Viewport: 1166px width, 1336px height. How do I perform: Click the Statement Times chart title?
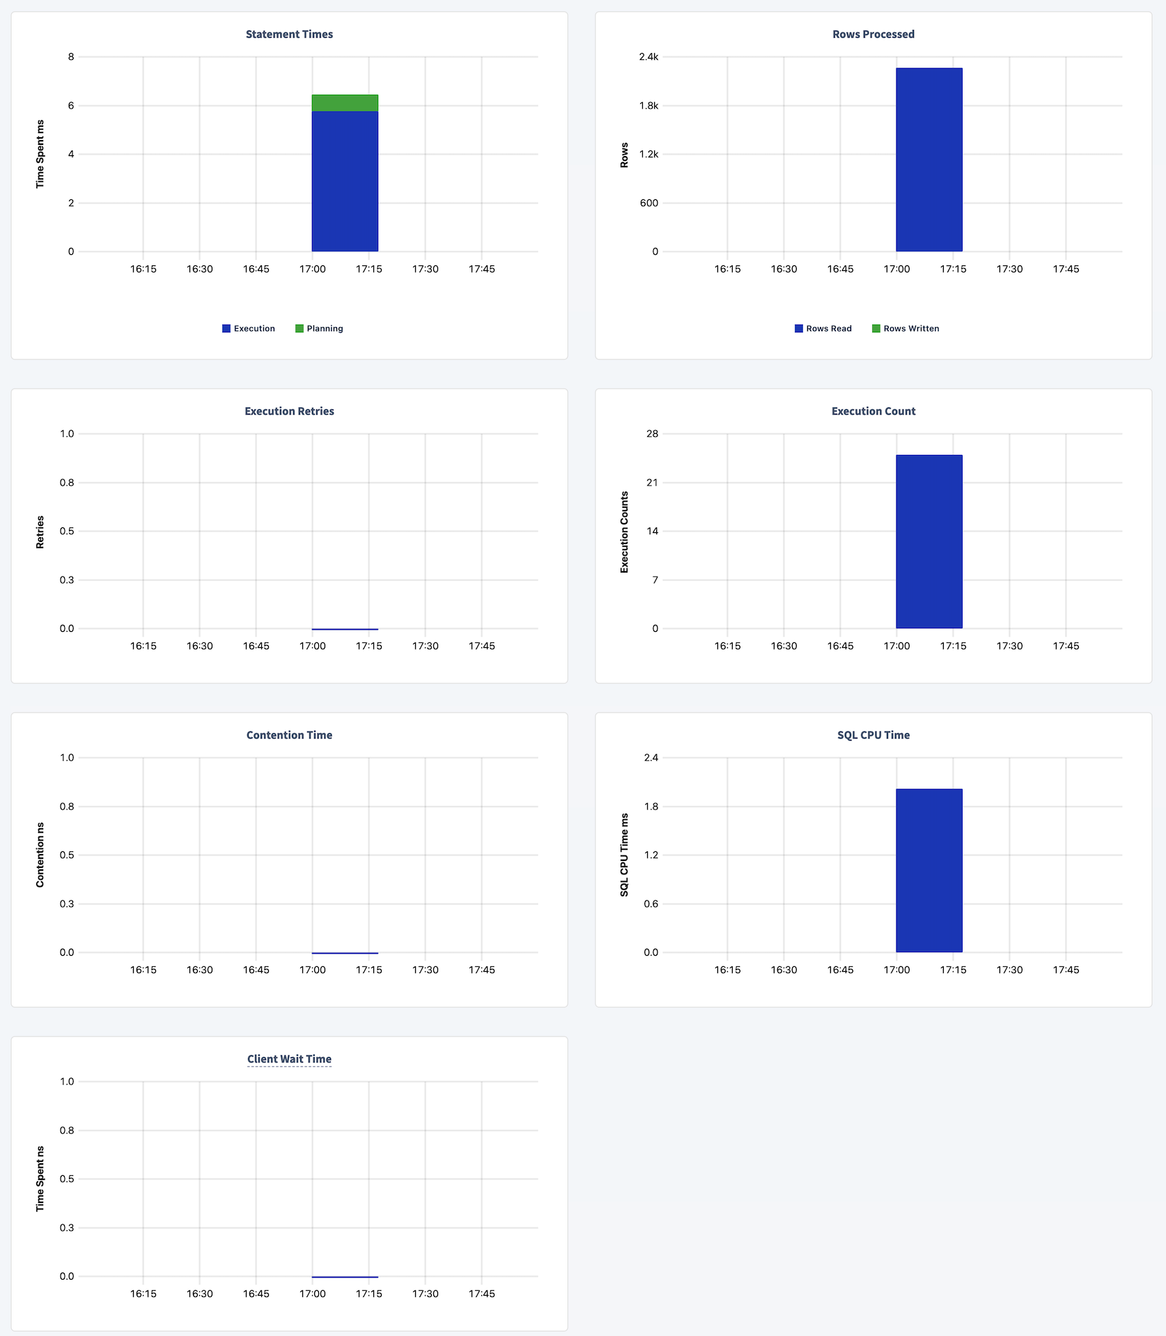(289, 34)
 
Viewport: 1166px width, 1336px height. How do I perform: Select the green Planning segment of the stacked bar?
(345, 103)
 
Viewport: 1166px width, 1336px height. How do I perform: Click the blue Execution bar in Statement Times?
(345, 181)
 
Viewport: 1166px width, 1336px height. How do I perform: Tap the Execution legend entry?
(249, 329)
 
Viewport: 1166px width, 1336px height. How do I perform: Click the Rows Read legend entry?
(823, 329)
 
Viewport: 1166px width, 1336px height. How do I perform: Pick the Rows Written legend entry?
(905, 329)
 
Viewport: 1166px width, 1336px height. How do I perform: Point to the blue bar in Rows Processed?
(928, 160)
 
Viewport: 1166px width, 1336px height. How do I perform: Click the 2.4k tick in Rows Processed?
(648, 57)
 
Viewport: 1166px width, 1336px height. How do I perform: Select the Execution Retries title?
(289, 411)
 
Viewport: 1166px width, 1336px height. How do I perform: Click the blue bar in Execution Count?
(928, 541)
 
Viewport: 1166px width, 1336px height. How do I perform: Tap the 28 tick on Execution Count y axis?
(652, 434)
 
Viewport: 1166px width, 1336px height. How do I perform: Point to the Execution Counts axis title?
(624, 532)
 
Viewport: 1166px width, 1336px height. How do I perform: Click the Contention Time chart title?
(289, 735)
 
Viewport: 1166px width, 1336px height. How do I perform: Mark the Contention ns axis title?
(40, 855)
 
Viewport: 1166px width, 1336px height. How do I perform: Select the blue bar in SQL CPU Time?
(928, 870)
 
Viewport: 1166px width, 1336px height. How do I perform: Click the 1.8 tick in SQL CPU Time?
(651, 807)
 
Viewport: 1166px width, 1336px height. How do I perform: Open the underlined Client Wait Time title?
(289, 1059)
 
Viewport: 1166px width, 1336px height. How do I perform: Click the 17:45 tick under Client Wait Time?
(481, 1294)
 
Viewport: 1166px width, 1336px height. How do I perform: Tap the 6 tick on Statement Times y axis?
(71, 106)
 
